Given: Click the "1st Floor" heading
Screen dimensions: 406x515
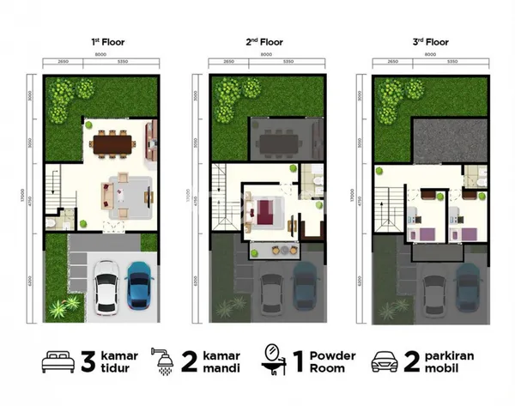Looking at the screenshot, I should (102, 40).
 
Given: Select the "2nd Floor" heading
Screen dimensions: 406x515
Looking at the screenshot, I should (265, 40).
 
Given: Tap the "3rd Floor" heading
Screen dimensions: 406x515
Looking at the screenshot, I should (428, 40).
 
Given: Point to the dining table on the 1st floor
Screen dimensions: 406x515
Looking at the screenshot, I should (114, 142).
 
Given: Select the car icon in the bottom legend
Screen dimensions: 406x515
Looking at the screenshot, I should (383, 361).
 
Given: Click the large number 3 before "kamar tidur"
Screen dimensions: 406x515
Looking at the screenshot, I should (86, 361).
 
